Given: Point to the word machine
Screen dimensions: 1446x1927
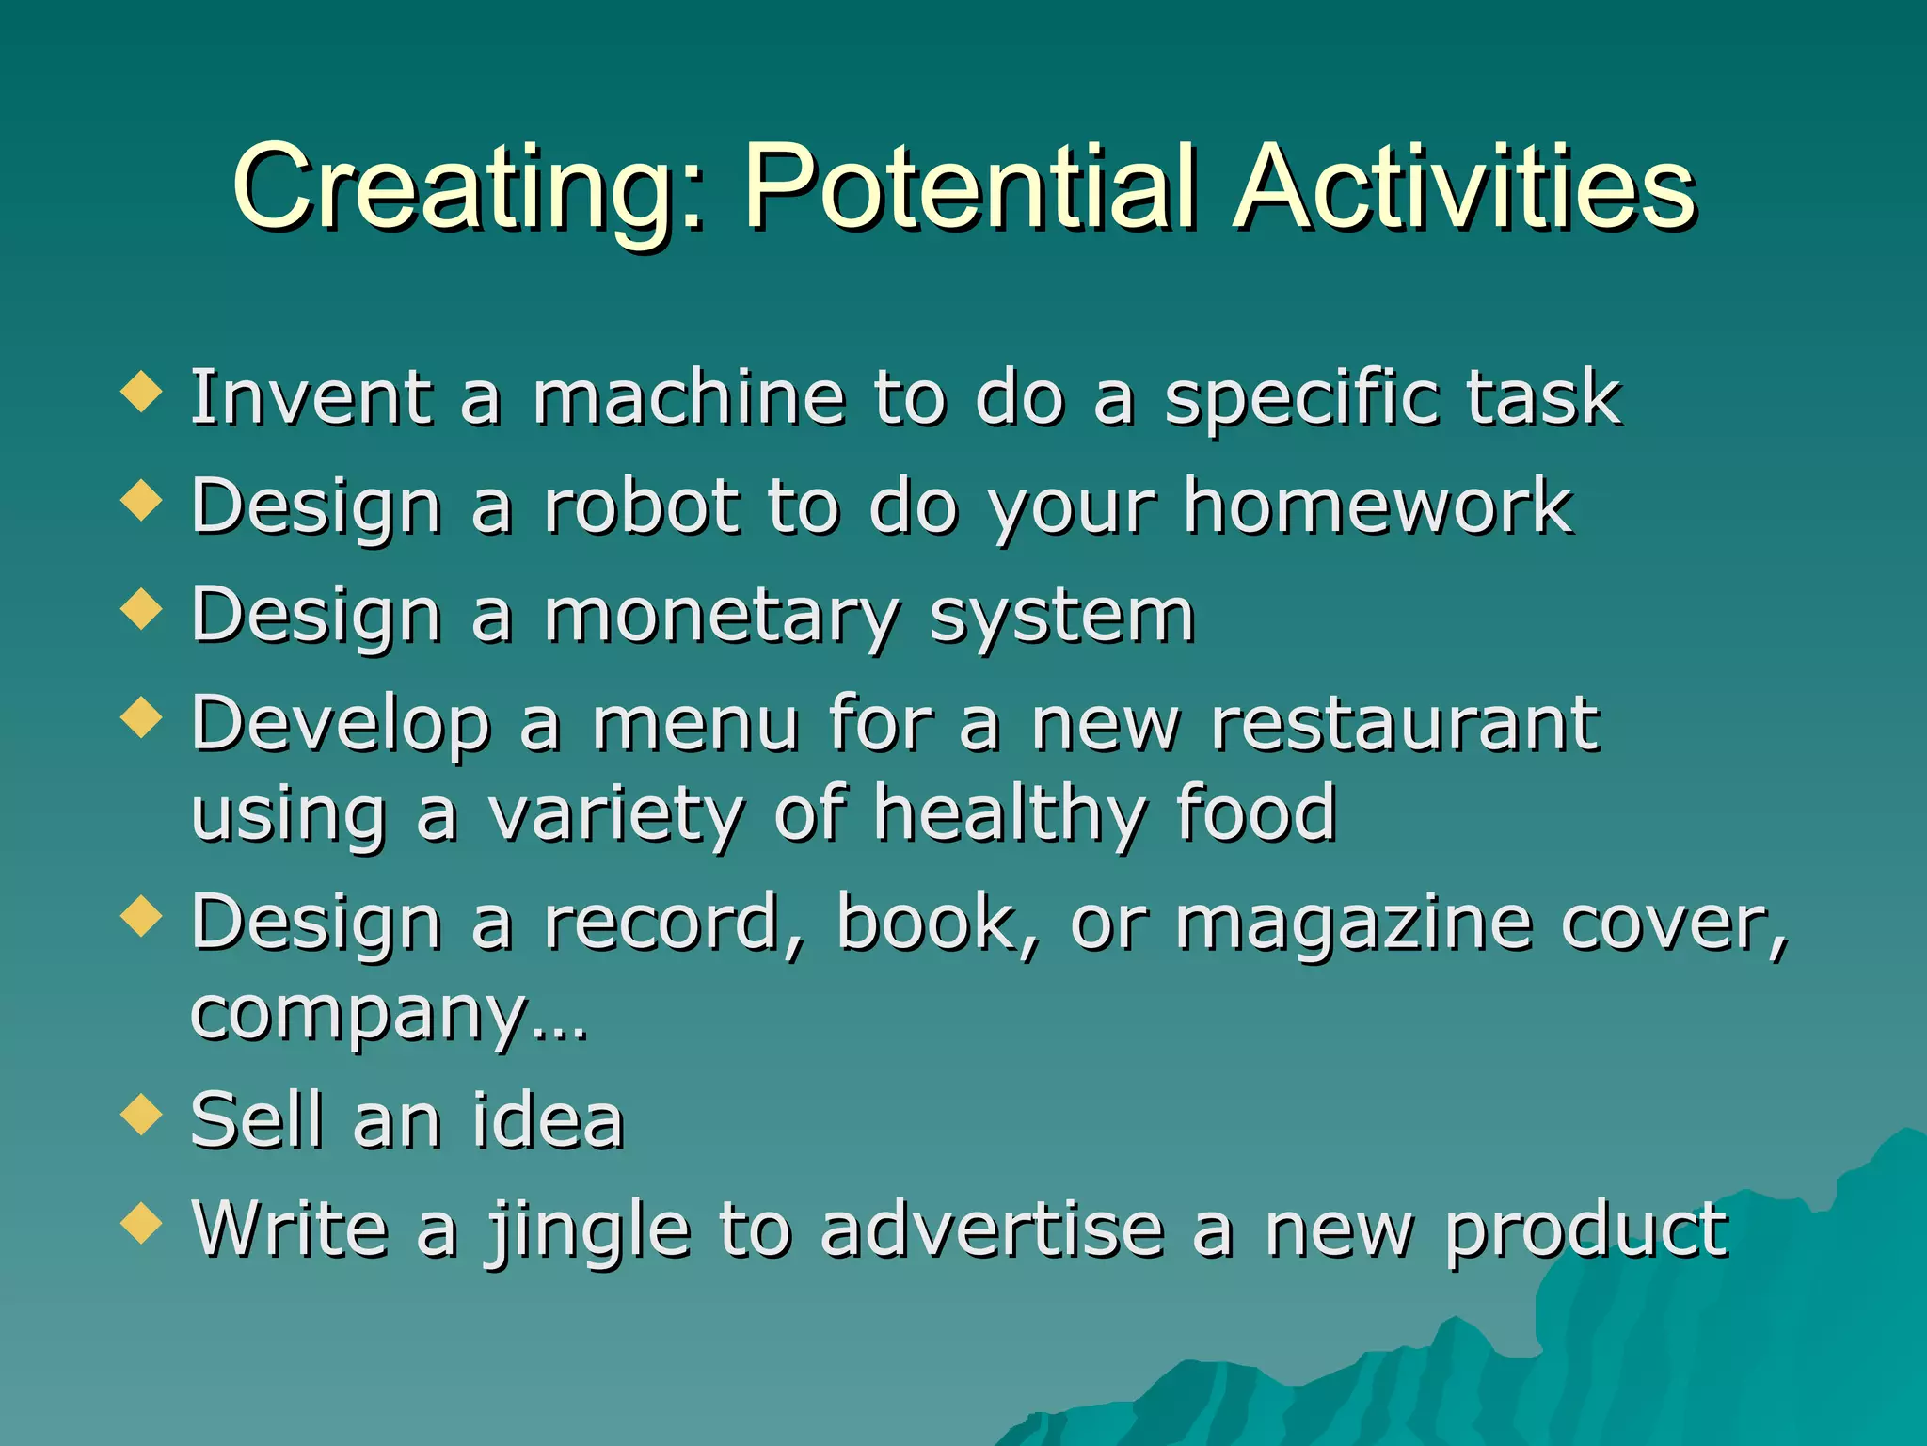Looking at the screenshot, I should click(x=689, y=398).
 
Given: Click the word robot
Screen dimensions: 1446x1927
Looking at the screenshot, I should click(x=643, y=506).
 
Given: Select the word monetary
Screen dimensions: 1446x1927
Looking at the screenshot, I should click(x=723, y=618).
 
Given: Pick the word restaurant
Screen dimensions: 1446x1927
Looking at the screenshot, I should click(x=1405, y=725).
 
